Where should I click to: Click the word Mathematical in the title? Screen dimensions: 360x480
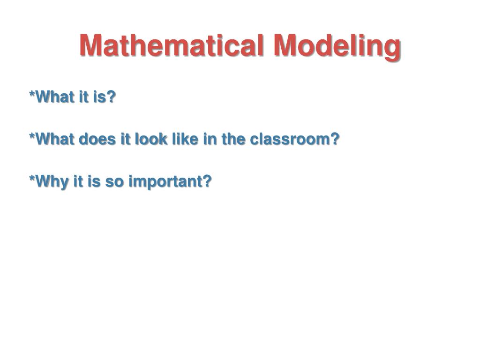pos(173,46)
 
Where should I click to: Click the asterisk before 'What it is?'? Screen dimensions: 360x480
pos(32,95)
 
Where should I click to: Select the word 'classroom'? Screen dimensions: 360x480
pos(289,139)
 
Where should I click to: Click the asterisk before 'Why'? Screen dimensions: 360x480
pos(32,179)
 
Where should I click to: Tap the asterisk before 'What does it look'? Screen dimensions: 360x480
pos(32,136)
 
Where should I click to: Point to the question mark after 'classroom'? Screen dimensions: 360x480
pos(334,139)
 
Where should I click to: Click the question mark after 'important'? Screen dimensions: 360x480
pos(207,181)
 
